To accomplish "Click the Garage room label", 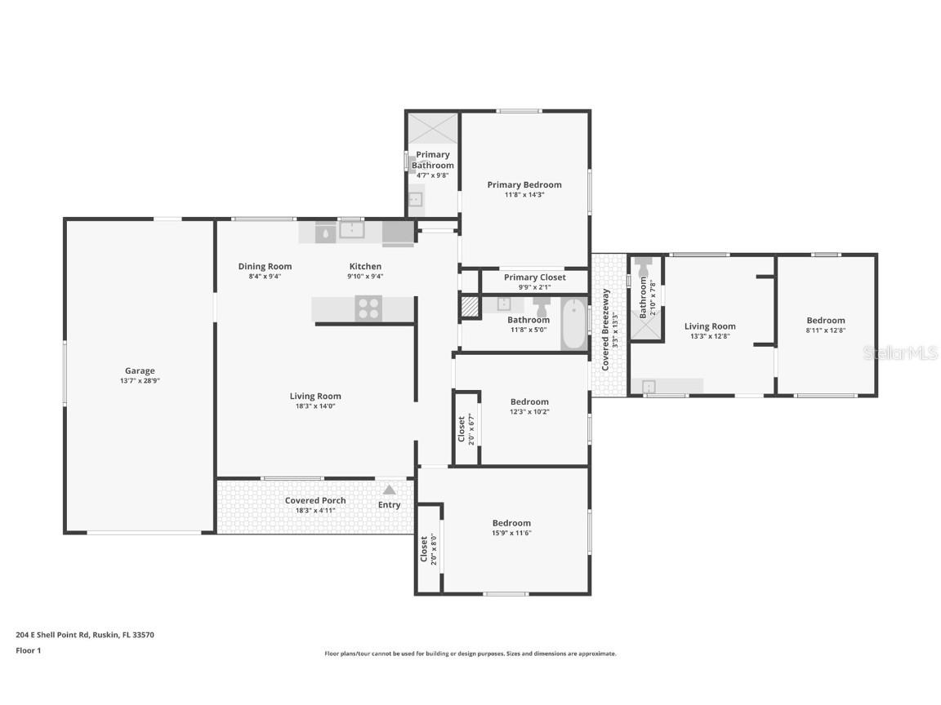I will pyautogui.click(x=140, y=370).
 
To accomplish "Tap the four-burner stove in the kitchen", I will pyautogui.click(x=368, y=308).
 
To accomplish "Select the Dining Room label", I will pyautogui.click(x=265, y=266).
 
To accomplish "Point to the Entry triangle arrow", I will pyautogui.click(x=390, y=490).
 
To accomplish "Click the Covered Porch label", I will pyautogui.click(x=315, y=500).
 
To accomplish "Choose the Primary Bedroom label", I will pyautogui.click(x=524, y=184).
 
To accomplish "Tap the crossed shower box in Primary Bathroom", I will pyautogui.click(x=433, y=128).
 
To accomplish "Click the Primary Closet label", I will pyautogui.click(x=534, y=277).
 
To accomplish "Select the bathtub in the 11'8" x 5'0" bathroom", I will pyautogui.click(x=574, y=324).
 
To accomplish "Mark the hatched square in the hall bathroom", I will pyautogui.click(x=470, y=306).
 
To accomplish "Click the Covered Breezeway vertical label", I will pyautogui.click(x=605, y=330).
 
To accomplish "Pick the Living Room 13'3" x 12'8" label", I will pyautogui.click(x=710, y=326).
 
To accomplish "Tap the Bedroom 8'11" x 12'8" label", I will pyautogui.click(x=826, y=321).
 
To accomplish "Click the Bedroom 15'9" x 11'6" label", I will pyautogui.click(x=511, y=523).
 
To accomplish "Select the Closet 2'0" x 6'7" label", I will pyautogui.click(x=462, y=428).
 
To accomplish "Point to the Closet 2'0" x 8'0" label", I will pyautogui.click(x=424, y=549).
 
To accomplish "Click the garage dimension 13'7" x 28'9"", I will pyautogui.click(x=140, y=381).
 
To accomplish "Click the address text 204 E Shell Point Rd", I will pyautogui.click(x=85, y=634).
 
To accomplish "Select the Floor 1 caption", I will pyautogui.click(x=28, y=650).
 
